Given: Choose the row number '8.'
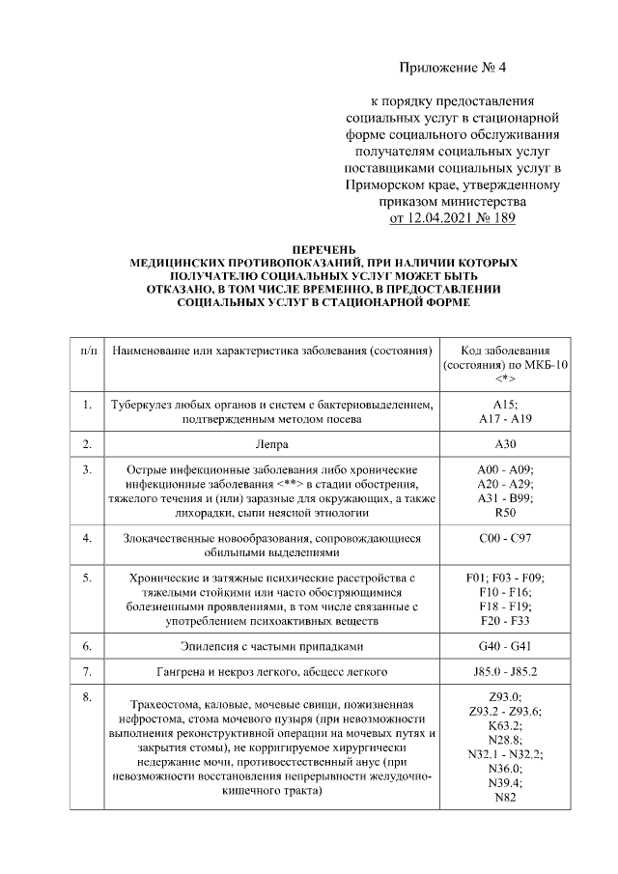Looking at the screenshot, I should pos(87,696).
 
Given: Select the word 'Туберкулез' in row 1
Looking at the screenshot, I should pos(143,406).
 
